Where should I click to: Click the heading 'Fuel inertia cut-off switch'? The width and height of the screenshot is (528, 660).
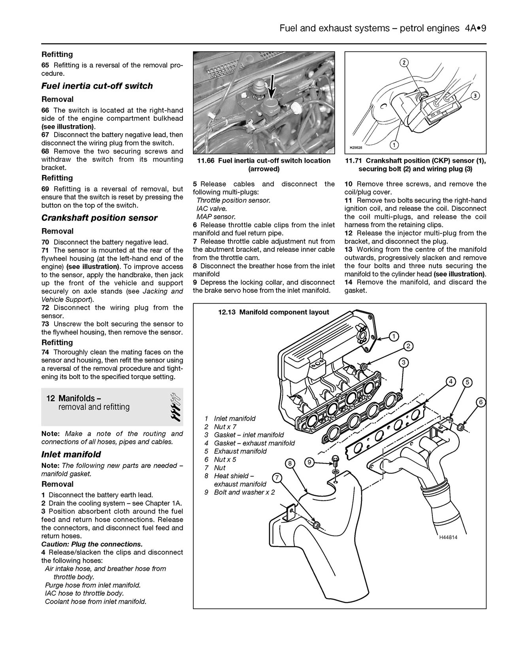pyautogui.click(x=97, y=86)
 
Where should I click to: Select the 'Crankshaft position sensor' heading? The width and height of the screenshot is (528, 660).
pyautogui.click(x=99, y=218)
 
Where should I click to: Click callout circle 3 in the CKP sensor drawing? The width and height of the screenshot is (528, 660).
pyautogui.click(x=475, y=96)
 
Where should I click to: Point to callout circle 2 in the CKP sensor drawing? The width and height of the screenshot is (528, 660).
pyautogui.click(x=404, y=63)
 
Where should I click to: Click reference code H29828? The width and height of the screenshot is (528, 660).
pyautogui.click(x=356, y=147)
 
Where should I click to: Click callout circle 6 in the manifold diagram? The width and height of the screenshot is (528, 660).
pyautogui.click(x=480, y=402)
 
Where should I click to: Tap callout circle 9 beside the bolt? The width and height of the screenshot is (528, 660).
pyautogui.click(x=309, y=462)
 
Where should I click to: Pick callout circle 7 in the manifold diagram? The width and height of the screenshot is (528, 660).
pyautogui.click(x=277, y=478)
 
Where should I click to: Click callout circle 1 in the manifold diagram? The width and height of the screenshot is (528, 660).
pyautogui.click(x=394, y=336)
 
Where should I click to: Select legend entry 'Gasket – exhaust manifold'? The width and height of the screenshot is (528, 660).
pyautogui.click(x=254, y=443)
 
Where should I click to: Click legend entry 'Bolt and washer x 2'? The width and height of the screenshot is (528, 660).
pyautogui.click(x=244, y=492)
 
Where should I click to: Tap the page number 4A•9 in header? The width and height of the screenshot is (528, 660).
pyautogui.click(x=473, y=28)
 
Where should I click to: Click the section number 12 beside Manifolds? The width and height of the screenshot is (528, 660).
pyautogui.click(x=50, y=398)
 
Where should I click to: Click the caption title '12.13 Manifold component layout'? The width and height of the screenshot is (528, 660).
pyautogui.click(x=273, y=312)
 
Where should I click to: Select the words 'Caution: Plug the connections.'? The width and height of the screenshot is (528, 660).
pyautogui.click(x=92, y=544)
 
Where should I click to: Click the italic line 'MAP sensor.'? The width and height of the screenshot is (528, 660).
pyautogui.click(x=216, y=217)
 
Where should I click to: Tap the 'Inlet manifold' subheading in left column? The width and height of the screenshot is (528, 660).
pyautogui.click(x=71, y=454)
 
